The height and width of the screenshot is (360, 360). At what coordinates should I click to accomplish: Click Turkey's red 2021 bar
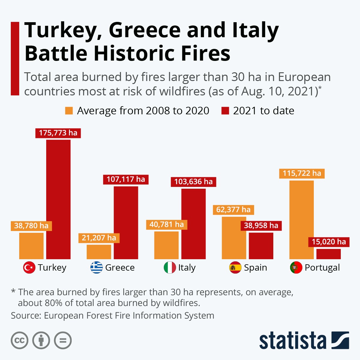tap(58, 199)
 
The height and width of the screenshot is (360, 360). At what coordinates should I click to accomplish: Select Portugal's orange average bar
tap(301, 220)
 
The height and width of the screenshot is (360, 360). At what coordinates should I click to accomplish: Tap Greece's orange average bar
tap(99, 252)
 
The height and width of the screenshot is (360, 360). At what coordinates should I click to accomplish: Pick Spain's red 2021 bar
tap(261, 246)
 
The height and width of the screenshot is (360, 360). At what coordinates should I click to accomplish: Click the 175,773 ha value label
tap(58, 133)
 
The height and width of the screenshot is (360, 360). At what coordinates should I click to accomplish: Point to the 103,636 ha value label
tap(193, 182)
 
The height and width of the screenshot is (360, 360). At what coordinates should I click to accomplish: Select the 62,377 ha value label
tap(233, 210)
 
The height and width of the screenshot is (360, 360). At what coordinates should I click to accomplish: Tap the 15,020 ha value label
tap(329, 242)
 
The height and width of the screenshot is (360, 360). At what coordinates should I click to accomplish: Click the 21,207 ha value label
tap(99, 238)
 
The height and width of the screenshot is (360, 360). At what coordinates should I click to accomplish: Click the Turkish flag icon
tap(29, 268)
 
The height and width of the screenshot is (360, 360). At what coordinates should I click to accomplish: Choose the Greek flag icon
tap(97, 268)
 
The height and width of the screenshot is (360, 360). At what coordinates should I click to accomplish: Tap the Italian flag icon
tap(170, 268)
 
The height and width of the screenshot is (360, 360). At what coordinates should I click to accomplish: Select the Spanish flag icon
tap(235, 268)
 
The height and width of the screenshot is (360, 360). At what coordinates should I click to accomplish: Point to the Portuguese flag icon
tap(296, 268)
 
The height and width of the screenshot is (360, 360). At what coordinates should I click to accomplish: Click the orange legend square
tap(69, 111)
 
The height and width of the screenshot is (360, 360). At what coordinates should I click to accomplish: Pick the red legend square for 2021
tap(225, 111)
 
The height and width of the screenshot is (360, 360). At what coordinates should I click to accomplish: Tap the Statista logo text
tap(292, 341)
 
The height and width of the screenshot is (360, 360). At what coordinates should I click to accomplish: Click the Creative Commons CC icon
tap(19, 340)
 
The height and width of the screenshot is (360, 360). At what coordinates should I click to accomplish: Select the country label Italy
tap(187, 268)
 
